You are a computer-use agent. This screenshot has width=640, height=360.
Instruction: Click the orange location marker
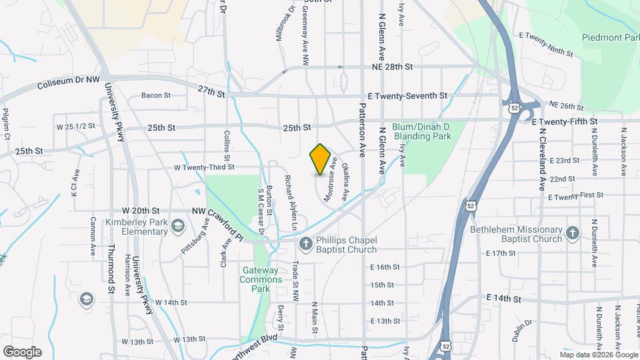click(x=321, y=159)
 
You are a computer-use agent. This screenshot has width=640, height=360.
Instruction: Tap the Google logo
click(x=22, y=351)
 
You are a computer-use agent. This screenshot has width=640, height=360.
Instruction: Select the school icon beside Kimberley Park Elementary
click(x=178, y=227)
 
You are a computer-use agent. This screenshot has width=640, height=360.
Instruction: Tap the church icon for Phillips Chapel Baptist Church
click(x=305, y=245)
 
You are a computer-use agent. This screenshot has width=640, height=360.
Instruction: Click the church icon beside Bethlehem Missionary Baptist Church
click(x=572, y=233)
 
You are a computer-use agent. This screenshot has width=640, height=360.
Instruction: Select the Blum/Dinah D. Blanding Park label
click(x=423, y=131)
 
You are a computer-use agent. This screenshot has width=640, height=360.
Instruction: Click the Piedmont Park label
click(x=609, y=37)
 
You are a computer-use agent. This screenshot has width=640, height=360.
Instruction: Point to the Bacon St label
click(x=156, y=95)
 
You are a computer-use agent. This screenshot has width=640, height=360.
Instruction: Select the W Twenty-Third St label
click(x=204, y=167)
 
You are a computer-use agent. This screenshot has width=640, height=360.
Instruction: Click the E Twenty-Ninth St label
click(x=545, y=44)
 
